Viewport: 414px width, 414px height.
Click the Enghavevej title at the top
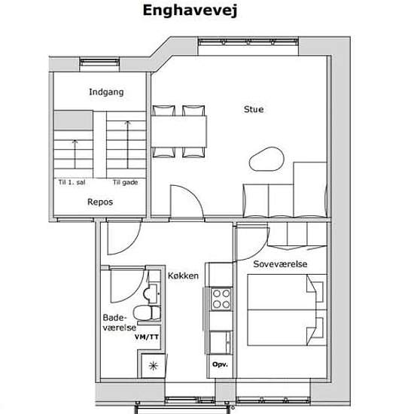click(x=190, y=11)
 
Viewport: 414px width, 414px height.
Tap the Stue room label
click(x=254, y=109)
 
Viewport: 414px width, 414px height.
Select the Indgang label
click(x=106, y=92)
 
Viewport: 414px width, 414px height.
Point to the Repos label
click(x=100, y=202)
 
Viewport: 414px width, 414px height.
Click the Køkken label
click(x=183, y=275)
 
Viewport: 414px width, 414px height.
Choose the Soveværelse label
click(x=280, y=264)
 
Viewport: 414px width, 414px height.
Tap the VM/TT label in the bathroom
click(x=147, y=337)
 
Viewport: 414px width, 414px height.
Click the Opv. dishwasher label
click(x=220, y=364)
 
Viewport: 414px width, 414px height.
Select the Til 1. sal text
click(x=72, y=182)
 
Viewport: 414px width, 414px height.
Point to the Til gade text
click(x=125, y=182)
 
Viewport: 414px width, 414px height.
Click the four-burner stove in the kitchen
click(x=221, y=299)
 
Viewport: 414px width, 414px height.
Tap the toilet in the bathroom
click(x=147, y=313)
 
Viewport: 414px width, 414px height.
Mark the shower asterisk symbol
click(x=153, y=366)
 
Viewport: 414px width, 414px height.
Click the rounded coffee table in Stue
click(x=266, y=160)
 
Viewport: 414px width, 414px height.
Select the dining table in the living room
click(x=178, y=132)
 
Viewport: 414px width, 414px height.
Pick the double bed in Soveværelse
click(x=282, y=310)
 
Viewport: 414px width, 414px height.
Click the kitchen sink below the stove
click(x=221, y=342)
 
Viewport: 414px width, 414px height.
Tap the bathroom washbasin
click(x=151, y=294)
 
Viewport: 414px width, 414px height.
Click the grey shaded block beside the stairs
click(x=74, y=120)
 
